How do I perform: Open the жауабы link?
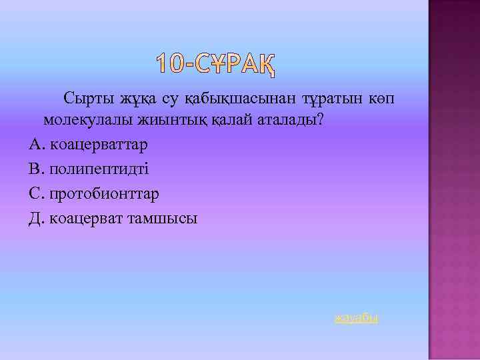(356, 318)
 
